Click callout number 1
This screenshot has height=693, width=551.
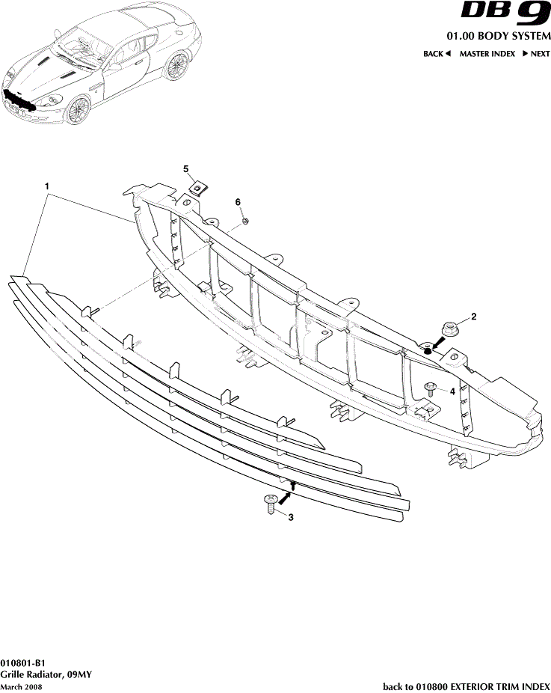point(46,185)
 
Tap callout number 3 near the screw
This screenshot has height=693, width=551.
point(290,516)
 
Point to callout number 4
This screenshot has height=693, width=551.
point(452,390)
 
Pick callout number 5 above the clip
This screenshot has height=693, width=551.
point(187,169)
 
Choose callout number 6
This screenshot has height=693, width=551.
point(238,202)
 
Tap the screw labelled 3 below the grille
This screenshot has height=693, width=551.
point(269,503)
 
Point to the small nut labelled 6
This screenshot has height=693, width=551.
point(245,221)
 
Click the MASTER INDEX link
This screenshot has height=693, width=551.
point(487,54)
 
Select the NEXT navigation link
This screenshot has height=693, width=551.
point(535,54)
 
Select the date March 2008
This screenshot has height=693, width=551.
point(21,686)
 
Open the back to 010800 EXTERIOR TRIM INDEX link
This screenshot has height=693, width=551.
point(467,686)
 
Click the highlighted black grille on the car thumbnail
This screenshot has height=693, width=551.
point(19,100)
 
